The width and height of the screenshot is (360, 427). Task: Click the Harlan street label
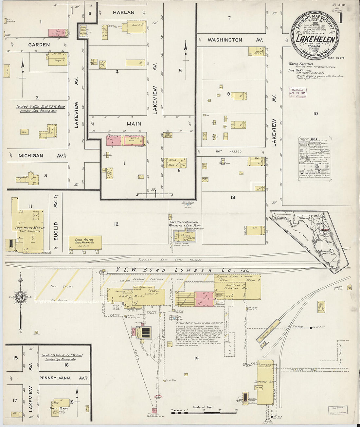pos(123,12)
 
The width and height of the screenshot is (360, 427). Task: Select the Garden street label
pos(39,44)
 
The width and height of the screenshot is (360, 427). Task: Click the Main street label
pos(134,124)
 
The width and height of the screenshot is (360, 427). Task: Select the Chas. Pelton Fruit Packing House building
pos(85,242)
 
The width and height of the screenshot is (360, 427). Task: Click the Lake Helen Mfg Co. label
pos(29,228)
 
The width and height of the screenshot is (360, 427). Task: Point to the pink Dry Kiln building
pos(204,299)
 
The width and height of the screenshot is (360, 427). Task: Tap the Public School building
pos(59,407)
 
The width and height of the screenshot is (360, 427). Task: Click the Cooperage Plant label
pos(265,382)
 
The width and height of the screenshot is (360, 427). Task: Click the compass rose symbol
pos(20,297)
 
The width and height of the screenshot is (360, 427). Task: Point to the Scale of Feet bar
pos(203,410)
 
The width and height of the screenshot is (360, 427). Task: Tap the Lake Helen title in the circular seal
pos(315,39)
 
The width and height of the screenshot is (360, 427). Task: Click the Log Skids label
pos(57,286)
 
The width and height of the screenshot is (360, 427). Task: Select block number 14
pos(196,358)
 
